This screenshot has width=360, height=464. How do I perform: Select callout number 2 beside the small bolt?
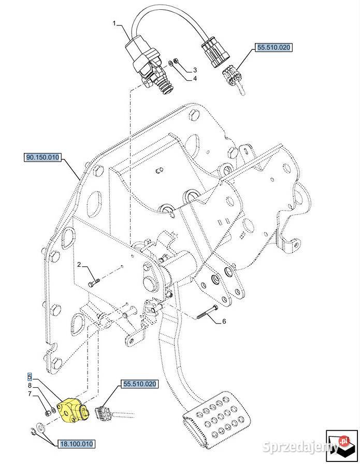pos(80,265)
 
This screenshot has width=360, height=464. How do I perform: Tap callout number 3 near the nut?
pos(195,69)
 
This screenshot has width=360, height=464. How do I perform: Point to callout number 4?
pos(195,79)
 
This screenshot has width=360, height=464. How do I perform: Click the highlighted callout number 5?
pos(30,376)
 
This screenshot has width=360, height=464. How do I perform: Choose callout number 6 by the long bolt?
pos(224,322)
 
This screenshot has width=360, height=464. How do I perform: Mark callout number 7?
pos(30,394)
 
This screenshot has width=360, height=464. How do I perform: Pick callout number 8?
pos(30,385)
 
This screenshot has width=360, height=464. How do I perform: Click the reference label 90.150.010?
pos(42,156)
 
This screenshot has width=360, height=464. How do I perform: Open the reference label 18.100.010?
pos(78,444)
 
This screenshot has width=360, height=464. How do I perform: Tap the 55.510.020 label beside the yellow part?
pos(139,384)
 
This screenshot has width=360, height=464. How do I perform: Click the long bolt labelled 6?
pos(208,314)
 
